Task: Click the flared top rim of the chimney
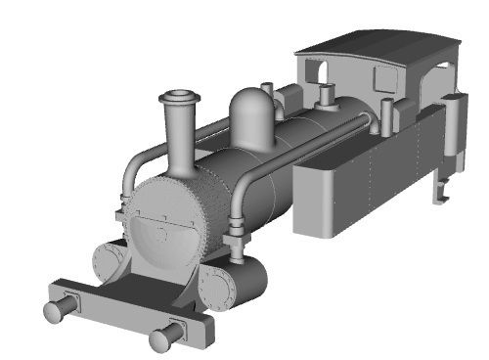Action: (x=179, y=97)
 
